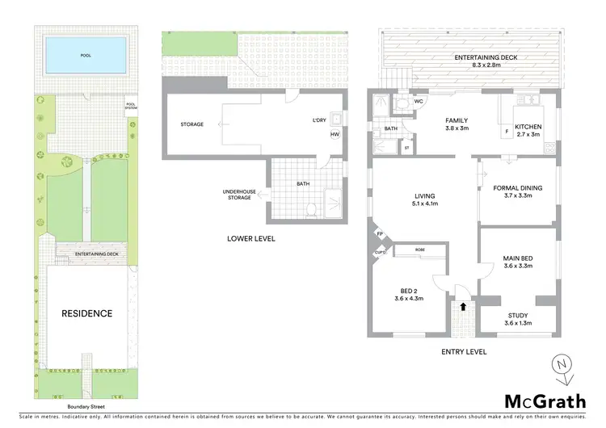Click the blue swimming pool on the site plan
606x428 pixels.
tap(86, 57)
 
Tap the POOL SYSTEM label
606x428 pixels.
tap(131, 106)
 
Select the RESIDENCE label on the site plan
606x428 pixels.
tap(89, 313)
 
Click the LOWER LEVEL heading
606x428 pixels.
tap(250, 238)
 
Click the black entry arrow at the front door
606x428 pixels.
tap(462, 307)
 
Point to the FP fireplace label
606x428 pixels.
tap(381, 234)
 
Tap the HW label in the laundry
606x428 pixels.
tap(334, 135)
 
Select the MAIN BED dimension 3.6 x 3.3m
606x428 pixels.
tap(517, 266)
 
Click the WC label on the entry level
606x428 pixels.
tap(419, 102)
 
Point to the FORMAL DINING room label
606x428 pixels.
tap(518, 188)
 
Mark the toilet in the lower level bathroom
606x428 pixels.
tap(312, 209)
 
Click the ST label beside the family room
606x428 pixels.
tap(406, 148)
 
